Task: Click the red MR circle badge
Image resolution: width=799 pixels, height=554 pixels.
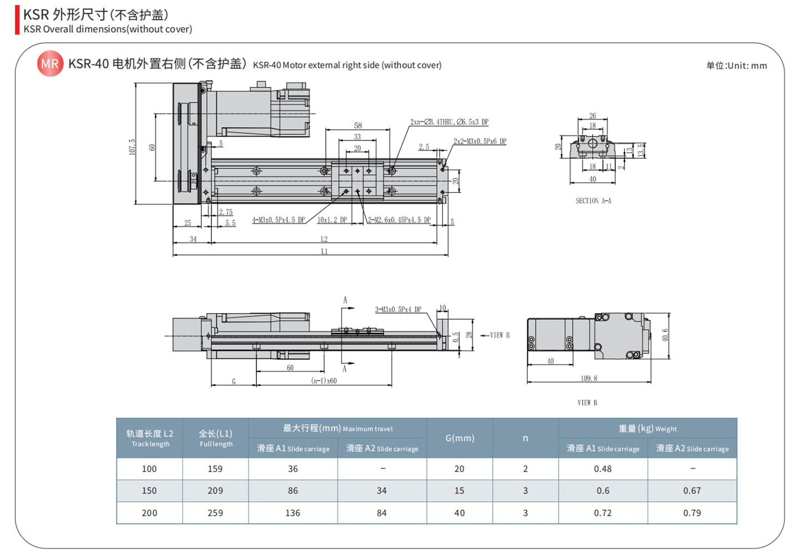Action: click(50, 64)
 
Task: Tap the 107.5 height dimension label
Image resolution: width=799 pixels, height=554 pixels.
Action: click(132, 147)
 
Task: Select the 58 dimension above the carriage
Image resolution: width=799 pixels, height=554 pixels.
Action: click(358, 125)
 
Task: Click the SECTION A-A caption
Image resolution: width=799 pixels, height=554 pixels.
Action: click(593, 201)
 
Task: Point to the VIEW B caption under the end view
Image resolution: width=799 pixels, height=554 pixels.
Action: click(587, 402)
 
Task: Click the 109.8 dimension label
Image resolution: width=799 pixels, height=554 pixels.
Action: click(589, 379)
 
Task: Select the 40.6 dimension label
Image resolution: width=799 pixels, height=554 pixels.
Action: click(665, 335)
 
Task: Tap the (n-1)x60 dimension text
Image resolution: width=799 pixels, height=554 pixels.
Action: click(324, 381)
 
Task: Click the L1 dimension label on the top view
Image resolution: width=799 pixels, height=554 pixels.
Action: click(324, 251)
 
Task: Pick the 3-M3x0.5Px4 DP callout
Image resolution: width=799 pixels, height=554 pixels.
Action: click(398, 309)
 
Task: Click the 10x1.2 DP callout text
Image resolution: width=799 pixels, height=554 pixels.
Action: click(332, 220)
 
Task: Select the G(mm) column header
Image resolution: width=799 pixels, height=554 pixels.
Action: click(459, 438)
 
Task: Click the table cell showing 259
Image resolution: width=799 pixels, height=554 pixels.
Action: click(215, 513)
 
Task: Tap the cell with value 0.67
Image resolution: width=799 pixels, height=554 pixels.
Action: click(692, 491)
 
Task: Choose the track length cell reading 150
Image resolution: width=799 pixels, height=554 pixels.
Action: click(149, 491)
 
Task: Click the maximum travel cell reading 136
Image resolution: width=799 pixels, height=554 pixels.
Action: click(292, 513)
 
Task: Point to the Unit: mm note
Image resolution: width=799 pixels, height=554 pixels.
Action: click(736, 66)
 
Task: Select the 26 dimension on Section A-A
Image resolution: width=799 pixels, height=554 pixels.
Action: click(593, 116)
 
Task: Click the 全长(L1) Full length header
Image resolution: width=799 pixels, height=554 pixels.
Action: click(216, 438)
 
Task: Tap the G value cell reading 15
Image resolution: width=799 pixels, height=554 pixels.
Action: click(459, 491)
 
